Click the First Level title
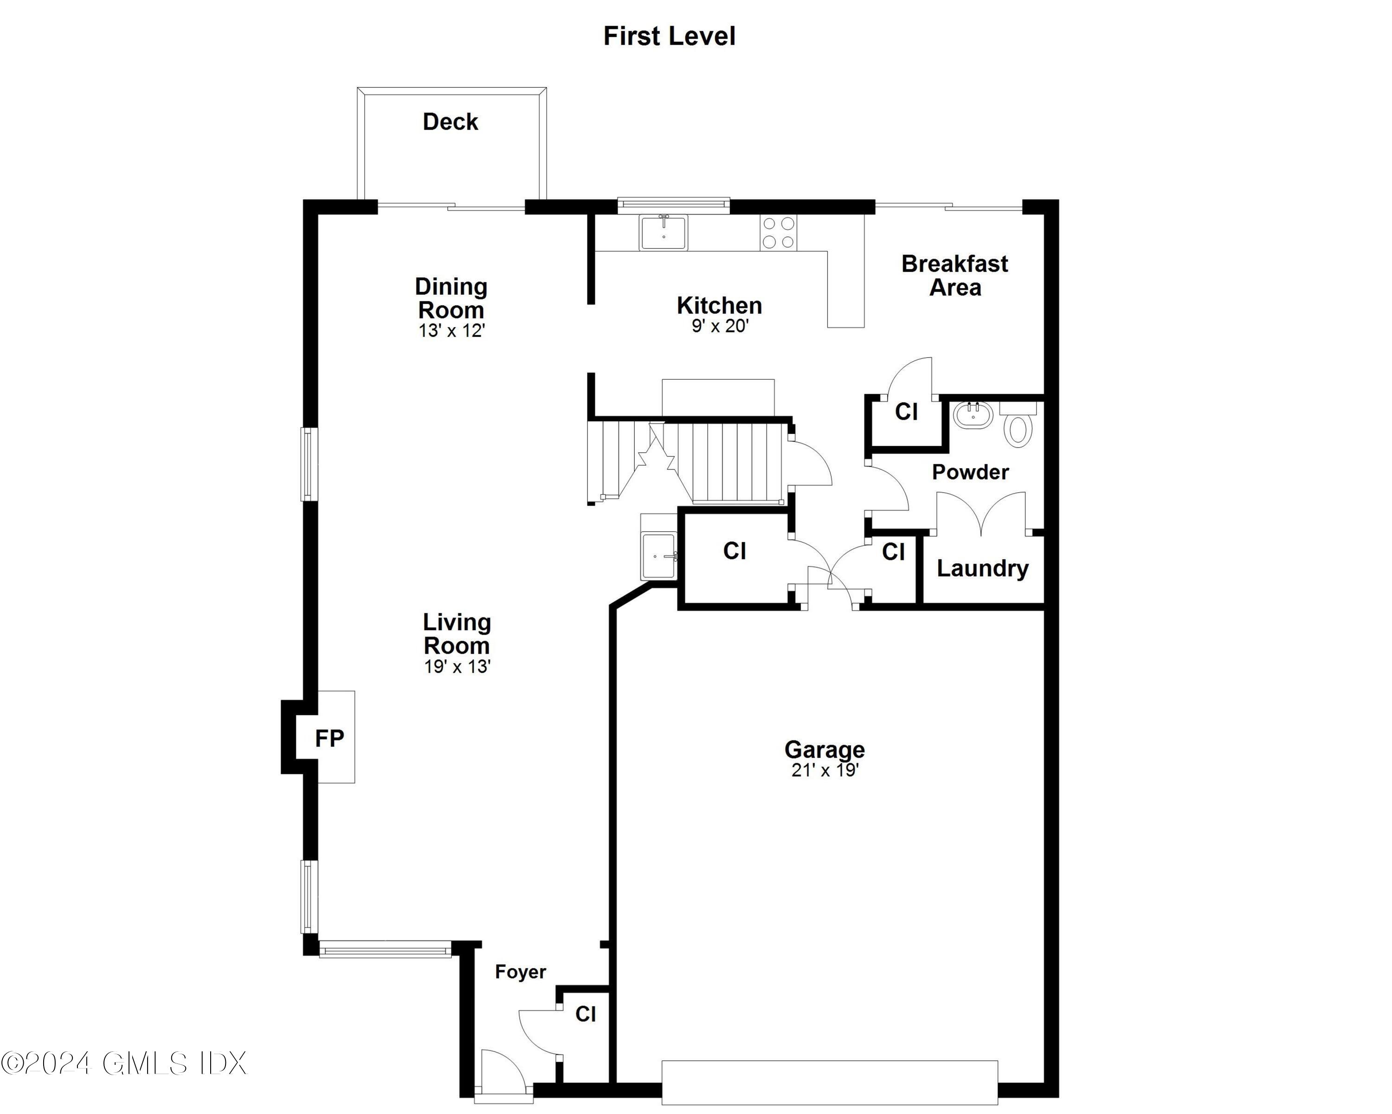point(669,36)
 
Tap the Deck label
point(450,122)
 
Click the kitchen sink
point(663,232)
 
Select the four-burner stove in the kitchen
point(778,232)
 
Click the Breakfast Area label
point(954,276)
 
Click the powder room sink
point(973,416)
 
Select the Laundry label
point(982,569)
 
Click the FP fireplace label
point(329,738)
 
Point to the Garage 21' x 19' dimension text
point(825,771)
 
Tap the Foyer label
point(521,972)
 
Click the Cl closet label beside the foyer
point(586,1014)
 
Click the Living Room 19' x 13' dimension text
point(457,667)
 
